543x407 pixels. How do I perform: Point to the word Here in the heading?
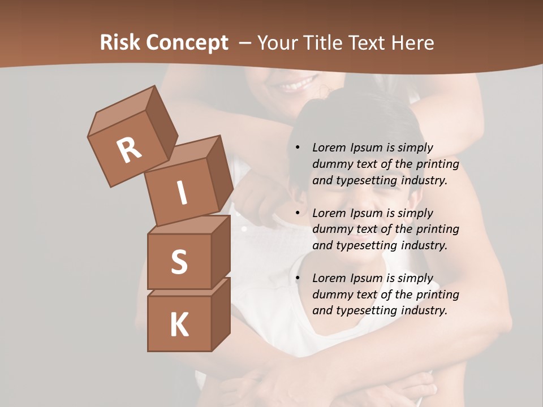pyautogui.click(x=412, y=43)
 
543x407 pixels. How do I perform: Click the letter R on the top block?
pyautogui.click(x=129, y=150)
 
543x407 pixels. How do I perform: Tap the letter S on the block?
pyautogui.click(x=179, y=262)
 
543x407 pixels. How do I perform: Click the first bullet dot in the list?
pyautogui.click(x=298, y=148)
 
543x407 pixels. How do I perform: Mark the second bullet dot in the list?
pyautogui.click(x=298, y=213)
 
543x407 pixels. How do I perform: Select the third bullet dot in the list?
pyautogui.click(x=298, y=278)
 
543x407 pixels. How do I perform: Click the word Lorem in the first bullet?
pyautogui.click(x=328, y=148)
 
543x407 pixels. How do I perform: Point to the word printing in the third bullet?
pyautogui.click(x=437, y=294)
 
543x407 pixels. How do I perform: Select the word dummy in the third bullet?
pyautogui.click(x=330, y=294)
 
